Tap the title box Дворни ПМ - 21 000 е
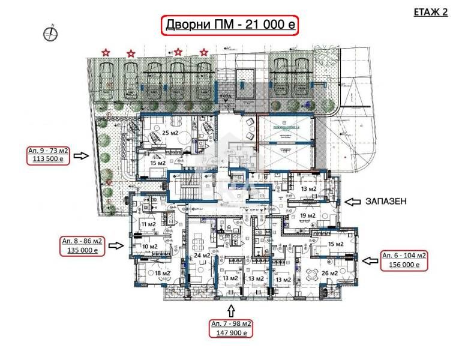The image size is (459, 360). [x=230, y=26]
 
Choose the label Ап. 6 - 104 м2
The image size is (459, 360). [x=404, y=256]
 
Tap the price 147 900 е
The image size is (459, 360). [x=230, y=332]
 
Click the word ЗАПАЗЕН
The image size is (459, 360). [x=386, y=202]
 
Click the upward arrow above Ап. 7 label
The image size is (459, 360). [x=230, y=311]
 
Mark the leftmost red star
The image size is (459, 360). [x=106, y=53]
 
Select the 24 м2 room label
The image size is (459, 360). [x=202, y=256]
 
